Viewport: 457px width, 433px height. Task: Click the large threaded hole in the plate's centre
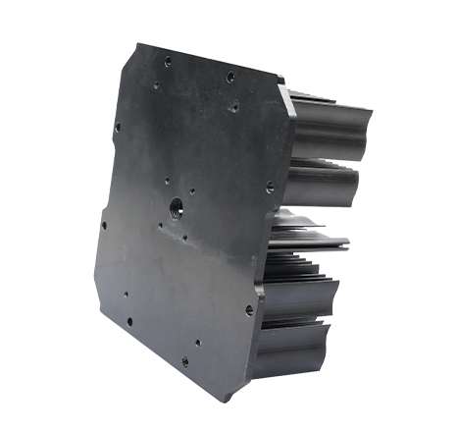pyautogui.click(x=176, y=205)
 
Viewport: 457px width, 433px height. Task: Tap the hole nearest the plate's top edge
pyautogui.click(x=168, y=61)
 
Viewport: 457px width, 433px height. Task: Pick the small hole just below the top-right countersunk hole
pyautogui.click(x=236, y=101)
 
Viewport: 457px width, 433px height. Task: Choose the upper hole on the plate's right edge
pyautogui.click(x=270, y=182)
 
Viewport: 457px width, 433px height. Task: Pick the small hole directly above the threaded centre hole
pyautogui.click(x=168, y=179)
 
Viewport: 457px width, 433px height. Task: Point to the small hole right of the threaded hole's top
pyautogui.click(x=193, y=192)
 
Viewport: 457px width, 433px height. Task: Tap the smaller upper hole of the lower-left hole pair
pyautogui.click(x=126, y=292)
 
